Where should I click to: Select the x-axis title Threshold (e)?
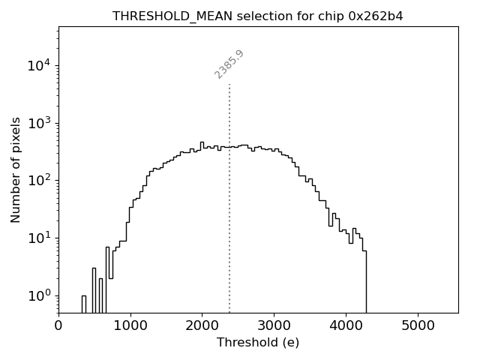pos(258,343)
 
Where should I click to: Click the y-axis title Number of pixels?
pos(16,169)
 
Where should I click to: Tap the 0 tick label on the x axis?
pos(58,325)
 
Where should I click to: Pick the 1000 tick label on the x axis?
pos(130,325)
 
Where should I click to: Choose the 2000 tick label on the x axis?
pos(202,325)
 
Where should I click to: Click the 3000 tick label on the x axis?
pos(274,325)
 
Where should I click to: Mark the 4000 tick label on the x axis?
pos(346,325)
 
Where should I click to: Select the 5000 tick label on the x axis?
pos(417,325)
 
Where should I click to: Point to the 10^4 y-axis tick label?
pos(39,65)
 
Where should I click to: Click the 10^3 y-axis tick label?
pos(39,123)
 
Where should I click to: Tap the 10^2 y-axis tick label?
pos(39,180)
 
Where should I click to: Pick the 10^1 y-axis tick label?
pos(39,238)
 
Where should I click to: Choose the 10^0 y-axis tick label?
pos(39,295)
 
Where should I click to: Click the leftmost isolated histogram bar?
pos(84,304)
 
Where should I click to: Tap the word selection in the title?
pos(265,16)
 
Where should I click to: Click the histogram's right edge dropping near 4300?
pos(366,281)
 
